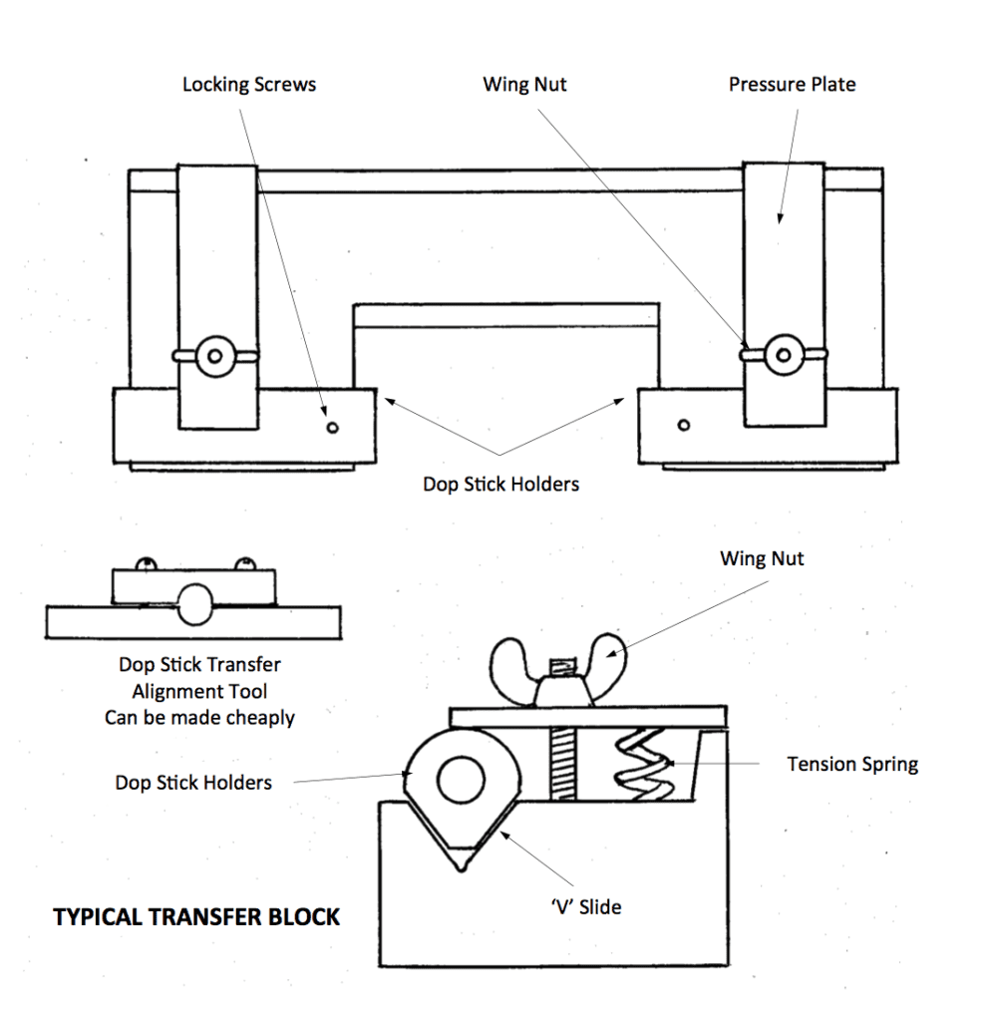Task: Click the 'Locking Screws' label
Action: click(x=248, y=85)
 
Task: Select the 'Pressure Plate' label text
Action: click(x=792, y=85)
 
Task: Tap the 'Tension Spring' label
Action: click(x=851, y=765)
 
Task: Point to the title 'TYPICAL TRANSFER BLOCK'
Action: click(x=196, y=916)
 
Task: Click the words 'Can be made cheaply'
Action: click(x=199, y=717)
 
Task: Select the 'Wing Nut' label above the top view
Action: click(x=524, y=85)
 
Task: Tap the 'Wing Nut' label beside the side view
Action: click(x=762, y=558)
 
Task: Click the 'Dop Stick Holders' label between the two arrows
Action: click(x=499, y=485)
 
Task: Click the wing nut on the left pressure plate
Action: click(x=215, y=354)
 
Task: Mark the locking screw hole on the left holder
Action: click(x=333, y=428)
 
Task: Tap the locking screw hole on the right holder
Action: click(x=683, y=426)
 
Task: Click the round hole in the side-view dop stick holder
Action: click(x=460, y=777)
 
